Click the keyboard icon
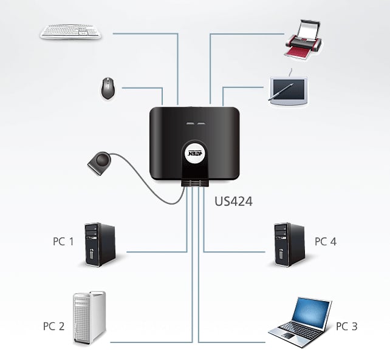(71, 32)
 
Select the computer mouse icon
(110, 89)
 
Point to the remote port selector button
(100, 162)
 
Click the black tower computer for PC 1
(100, 244)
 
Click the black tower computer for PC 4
(289, 244)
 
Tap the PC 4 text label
(325, 242)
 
